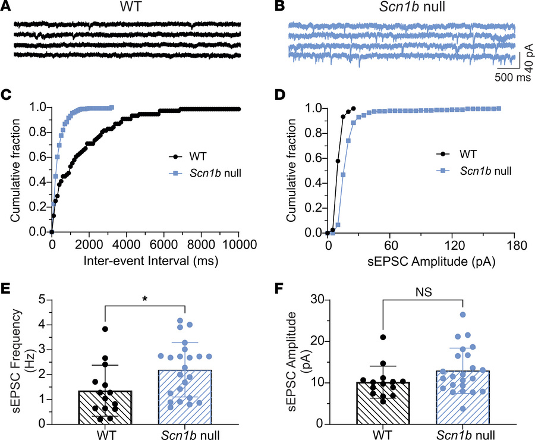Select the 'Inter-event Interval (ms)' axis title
coord(145,260)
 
